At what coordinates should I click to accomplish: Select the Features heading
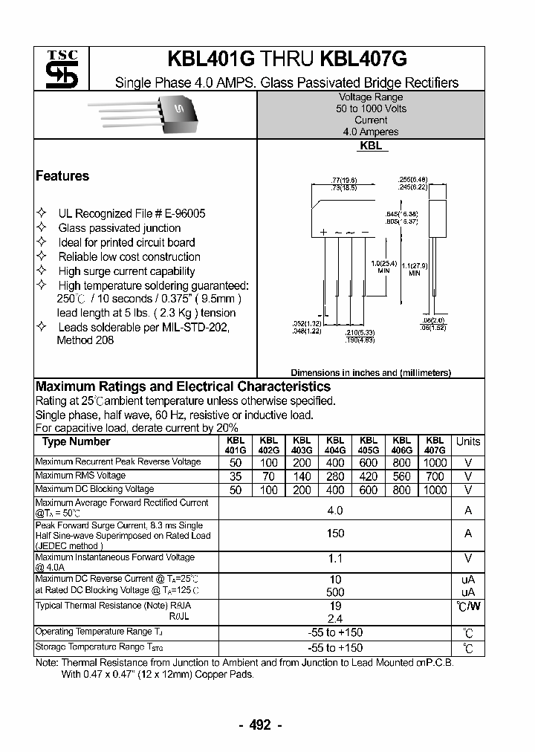[x=62, y=176]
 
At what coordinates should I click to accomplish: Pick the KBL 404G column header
[x=335, y=444]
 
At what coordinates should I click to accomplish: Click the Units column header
[x=468, y=441]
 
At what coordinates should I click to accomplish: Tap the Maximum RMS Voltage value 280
[x=335, y=476]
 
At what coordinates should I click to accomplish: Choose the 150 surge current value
[x=335, y=534]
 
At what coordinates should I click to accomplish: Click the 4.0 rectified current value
[x=335, y=510]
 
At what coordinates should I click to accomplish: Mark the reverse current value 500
[x=335, y=592]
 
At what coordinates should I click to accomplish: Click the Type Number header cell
[x=76, y=442]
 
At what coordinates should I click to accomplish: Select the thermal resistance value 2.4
[x=335, y=618]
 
